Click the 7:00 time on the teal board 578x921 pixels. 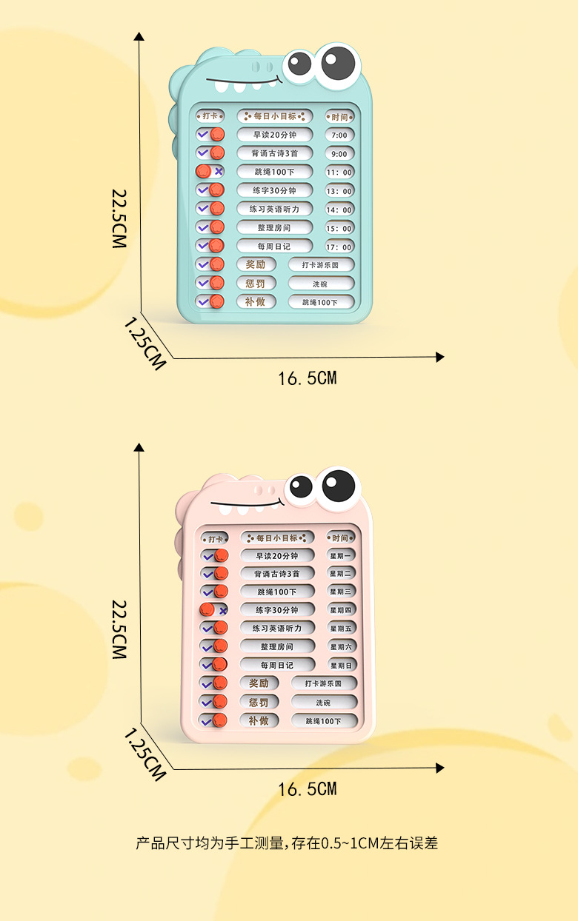339,135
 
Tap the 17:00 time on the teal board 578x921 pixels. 339,247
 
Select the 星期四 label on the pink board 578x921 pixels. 342,610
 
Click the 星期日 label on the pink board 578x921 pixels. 342,666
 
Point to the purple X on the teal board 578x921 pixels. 219,171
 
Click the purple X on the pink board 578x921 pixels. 222,610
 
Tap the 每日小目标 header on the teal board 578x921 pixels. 275,116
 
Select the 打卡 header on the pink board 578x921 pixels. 215,538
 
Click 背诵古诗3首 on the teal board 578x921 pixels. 275,153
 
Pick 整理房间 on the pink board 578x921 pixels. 277,646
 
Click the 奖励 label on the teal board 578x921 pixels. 256,264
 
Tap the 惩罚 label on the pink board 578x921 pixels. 259,702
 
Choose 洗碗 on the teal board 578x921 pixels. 320,284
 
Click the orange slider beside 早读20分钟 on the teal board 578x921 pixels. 217,135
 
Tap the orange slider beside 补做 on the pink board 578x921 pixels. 220,720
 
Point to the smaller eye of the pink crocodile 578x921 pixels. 301,487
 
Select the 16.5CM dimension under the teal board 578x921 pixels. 307,378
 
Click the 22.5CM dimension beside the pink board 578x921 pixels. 119,629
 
